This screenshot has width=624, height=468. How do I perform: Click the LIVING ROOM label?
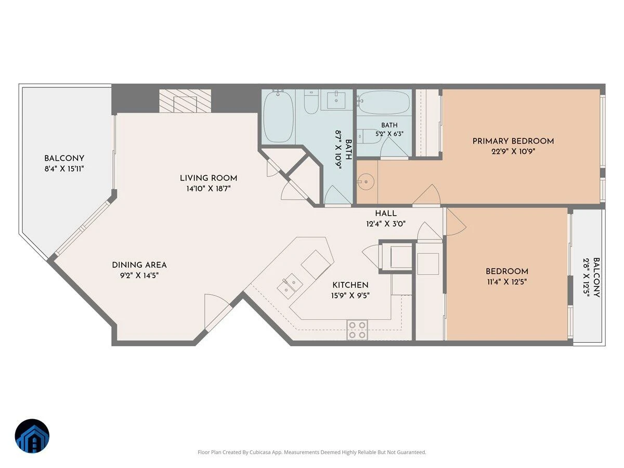tap(209, 178)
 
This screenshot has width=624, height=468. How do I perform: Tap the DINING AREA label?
tap(139, 265)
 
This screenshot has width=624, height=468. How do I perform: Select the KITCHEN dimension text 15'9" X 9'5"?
tap(350, 296)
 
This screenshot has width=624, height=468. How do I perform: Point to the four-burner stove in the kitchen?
tap(357, 330)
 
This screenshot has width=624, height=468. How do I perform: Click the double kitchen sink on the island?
tap(290, 286)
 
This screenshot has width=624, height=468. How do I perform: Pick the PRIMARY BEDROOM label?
tap(513, 141)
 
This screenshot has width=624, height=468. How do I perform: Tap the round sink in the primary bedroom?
tap(366, 181)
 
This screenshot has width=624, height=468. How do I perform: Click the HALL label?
tap(386, 213)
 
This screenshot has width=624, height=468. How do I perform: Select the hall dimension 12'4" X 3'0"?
tap(386, 224)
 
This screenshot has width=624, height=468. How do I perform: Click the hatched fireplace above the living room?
tap(185, 101)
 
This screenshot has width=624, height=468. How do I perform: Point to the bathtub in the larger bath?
tap(278, 116)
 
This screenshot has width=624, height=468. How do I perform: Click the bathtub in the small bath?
tap(384, 102)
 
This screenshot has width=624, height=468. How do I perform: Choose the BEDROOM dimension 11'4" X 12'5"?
tap(507, 282)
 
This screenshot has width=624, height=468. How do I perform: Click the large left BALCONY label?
tap(64, 158)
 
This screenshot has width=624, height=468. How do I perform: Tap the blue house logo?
tap(32, 436)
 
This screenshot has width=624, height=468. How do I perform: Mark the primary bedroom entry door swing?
tap(426, 194)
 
